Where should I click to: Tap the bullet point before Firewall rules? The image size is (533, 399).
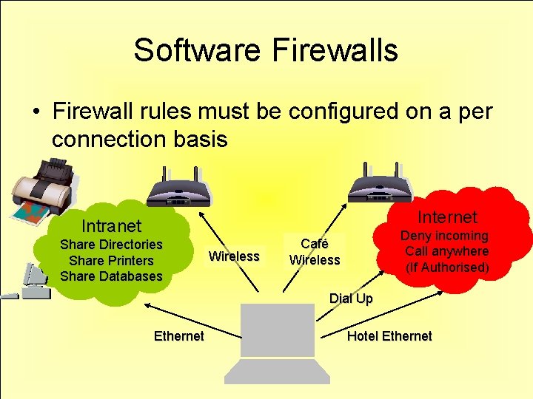(x=35, y=112)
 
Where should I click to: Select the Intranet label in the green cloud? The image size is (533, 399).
(x=111, y=225)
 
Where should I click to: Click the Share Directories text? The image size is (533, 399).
(x=111, y=245)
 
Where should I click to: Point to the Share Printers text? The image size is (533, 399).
(x=111, y=260)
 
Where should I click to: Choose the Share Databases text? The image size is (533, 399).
(x=111, y=276)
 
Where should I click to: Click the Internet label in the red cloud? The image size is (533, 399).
(x=447, y=216)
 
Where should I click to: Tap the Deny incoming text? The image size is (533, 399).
(x=444, y=236)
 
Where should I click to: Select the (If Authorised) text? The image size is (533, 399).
(x=447, y=267)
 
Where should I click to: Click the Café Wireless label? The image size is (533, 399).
(x=315, y=252)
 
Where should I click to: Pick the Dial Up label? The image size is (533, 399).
(x=351, y=299)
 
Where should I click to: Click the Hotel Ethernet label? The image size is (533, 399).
(x=389, y=336)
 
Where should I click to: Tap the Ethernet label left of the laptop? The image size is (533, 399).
(x=178, y=336)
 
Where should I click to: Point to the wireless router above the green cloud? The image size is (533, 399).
(x=178, y=186)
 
